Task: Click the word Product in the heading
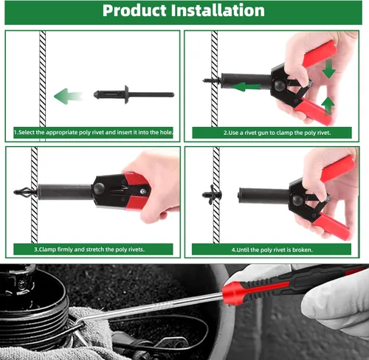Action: tap(134, 11)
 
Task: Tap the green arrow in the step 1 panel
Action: tap(68, 96)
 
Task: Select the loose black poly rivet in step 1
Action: tap(134, 94)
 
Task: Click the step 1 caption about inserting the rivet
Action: tap(94, 133)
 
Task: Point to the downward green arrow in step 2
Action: tap(328, 69)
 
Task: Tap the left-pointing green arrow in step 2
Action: tap(246, 87)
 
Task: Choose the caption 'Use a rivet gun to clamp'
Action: tap(277, 133)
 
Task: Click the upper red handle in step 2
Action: tap(320, 54)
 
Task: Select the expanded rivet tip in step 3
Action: tap(24, 192)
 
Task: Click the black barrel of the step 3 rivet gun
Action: tap(64, 192)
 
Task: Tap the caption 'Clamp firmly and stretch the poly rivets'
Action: tap(89, 249)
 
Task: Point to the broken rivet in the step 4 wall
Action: tap(212, 195)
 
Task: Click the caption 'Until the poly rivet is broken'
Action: tap(272, 250)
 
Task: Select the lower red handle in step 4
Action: tap(331, 226)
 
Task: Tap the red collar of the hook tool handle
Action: tap(235, 292)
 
